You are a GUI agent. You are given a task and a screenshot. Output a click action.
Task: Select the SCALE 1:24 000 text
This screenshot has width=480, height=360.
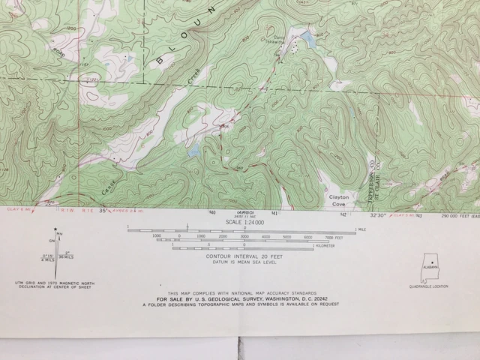(x=240, y=222)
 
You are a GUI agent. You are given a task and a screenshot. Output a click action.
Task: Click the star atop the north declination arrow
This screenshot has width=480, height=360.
(x=55, y=231)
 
